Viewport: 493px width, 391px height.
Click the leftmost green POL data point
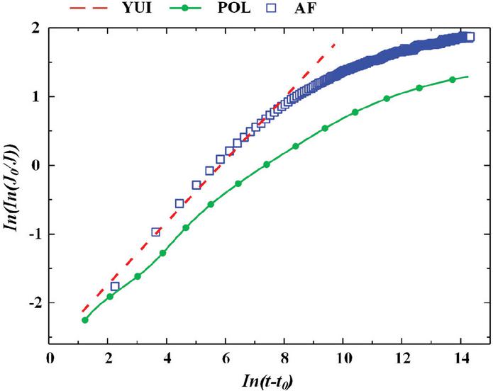[x=85, y=320]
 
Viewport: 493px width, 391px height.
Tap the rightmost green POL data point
[x=453, y=79]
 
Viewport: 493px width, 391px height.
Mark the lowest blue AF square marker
[x=115, y=286]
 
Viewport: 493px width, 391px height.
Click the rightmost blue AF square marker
[x=470, y=37]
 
